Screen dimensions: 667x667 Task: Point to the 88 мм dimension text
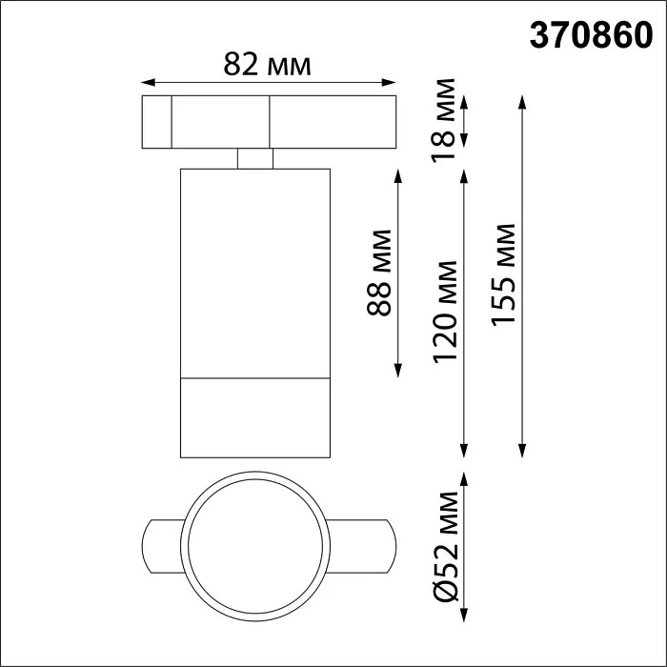379,273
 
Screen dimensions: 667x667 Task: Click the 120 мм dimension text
444,312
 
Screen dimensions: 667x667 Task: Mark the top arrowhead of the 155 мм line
522,100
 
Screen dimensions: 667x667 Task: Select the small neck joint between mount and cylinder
254,158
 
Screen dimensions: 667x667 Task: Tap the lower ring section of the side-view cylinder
254,417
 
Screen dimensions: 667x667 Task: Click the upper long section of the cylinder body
254,272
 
